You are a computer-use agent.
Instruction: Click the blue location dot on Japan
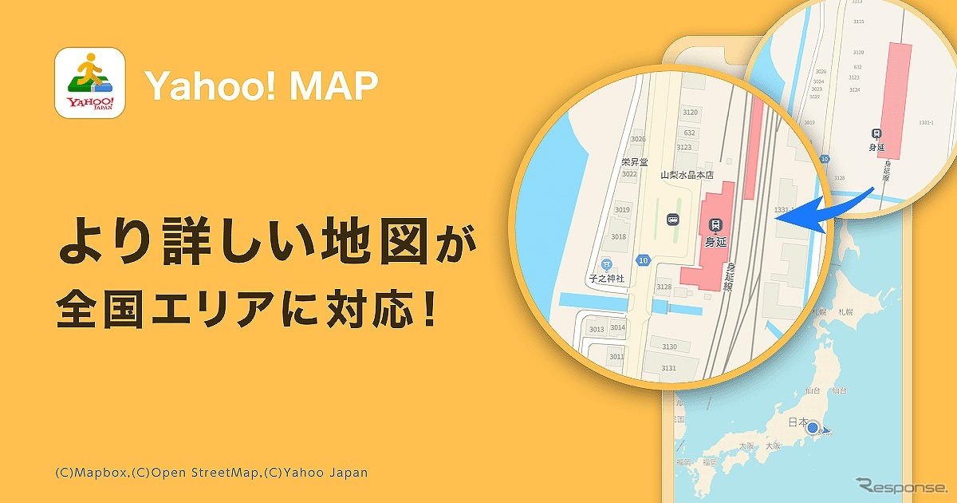(816, 428)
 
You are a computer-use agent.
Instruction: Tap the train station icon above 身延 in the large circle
(715, 226)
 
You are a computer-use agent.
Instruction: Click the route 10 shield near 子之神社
(643, 259)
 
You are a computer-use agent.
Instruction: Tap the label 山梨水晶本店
(687, 175)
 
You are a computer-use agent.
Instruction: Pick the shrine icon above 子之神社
(605, 263)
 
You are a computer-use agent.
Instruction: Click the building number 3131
(668, 367)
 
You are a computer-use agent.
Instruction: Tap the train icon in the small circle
(876, 134)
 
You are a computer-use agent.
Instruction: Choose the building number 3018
(618, 236)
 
